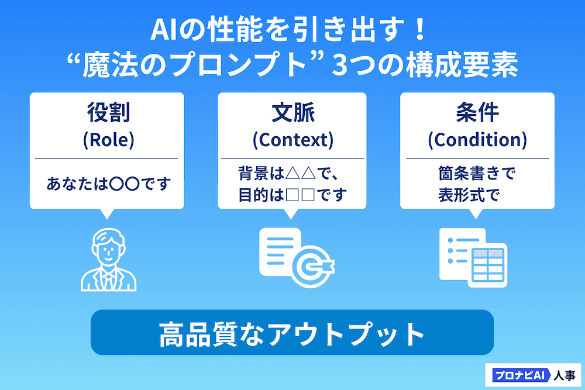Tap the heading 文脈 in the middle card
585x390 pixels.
(x=292, y=113)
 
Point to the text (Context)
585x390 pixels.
(x=292, y=140)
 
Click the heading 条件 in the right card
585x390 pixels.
(x=477, y=113)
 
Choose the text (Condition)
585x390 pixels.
(x=477, y=140)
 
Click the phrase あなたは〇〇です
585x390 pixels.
(x=108, y=185)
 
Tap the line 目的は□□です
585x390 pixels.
(x=292, y=194)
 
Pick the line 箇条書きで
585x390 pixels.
(x=476, y=174)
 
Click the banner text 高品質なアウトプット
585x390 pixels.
(x=292, y=334)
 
